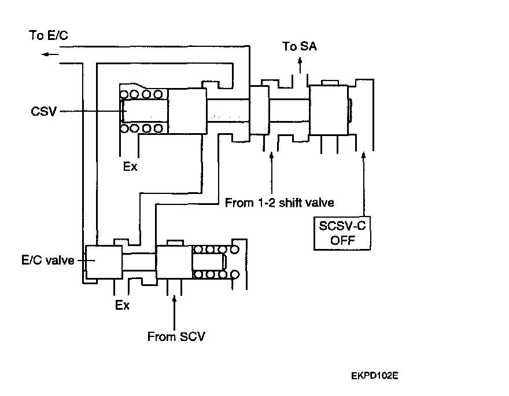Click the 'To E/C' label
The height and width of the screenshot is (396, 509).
(x=49, y=35)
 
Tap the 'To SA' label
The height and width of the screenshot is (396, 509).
(x=299, y=46)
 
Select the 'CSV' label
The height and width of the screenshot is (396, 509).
(x=43, y=111)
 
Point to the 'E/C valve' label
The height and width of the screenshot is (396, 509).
(x=47, y=260)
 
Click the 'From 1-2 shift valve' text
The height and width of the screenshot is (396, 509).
(x=279, y=203)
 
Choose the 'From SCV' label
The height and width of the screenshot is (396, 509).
(x=176, y=336)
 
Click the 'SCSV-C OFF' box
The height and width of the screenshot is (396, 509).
(x=342, y=233)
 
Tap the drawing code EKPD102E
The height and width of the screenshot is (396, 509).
(x=375, y=376)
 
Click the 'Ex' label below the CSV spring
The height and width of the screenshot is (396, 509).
(x=130, y=166)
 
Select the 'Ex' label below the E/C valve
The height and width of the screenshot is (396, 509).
(x=122, y=305)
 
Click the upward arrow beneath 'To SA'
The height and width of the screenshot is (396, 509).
(x=300, y=65)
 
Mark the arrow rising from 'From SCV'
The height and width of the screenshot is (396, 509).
(x=174, y=313)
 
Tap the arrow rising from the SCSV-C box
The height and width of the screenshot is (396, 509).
(x=364, y=184)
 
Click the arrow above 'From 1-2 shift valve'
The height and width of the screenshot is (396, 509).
(x=272, y=173)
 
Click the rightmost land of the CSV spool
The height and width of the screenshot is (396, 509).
(x=329, y=110)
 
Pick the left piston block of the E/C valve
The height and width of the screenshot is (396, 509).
(x=104, y=262)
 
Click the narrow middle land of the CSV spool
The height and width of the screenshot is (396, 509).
(x=259, y=110)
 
